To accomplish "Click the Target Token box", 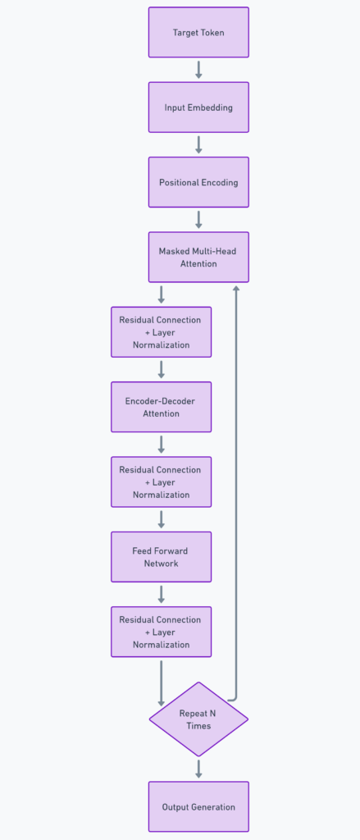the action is coord(198,32).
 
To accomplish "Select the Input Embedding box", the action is coord(198,107).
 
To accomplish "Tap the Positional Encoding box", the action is coord(198,182).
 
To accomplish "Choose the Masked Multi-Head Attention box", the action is coord(198,257).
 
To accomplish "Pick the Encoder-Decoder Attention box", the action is coord(162,407).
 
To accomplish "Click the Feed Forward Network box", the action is coord(162,557).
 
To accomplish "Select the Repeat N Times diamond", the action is coord(198,719).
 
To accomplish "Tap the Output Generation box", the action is coord(198,807).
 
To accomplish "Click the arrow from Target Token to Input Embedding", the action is coord(198,70).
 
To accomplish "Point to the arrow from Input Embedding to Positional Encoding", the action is coord(198,144).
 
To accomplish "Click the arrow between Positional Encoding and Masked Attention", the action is coord(198,220).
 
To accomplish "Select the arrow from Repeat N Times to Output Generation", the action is coord(198,769).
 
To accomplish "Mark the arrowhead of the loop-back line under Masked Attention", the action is coord(235,289).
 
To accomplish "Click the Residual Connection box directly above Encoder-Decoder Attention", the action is coord(162,332).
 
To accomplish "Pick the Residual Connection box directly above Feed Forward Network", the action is coord(162,482).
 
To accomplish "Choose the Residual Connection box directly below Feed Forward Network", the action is coord(162,632).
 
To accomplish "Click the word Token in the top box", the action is coord(212,33).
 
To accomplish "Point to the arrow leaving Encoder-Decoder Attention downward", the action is coord(162,445).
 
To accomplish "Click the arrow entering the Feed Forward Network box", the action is coord(162,519).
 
